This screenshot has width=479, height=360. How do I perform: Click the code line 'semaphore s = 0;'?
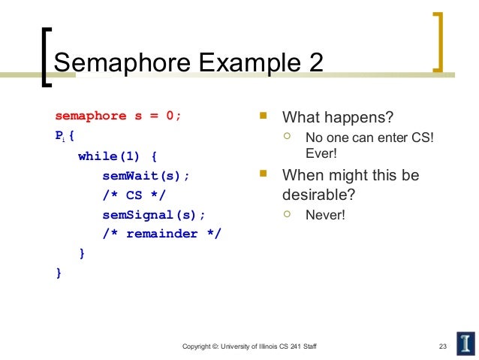tap(118, 116)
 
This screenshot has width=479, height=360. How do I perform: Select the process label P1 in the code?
tap(61, 138)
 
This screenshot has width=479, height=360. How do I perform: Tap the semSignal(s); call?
tap(153, 215)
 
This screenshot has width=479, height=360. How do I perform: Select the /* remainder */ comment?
tap(161, 234)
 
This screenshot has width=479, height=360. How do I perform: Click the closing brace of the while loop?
tap(82, 254)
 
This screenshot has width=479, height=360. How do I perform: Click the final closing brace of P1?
tap(59, 274)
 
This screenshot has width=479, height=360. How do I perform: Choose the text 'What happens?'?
tap(337, 119)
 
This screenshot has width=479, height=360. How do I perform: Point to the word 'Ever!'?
tap(321, 153)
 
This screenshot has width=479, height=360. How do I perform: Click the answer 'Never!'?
tap(325, 215)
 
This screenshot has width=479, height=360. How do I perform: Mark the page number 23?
tap(442, 345)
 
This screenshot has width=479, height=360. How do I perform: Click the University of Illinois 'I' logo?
tap(463, 342)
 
